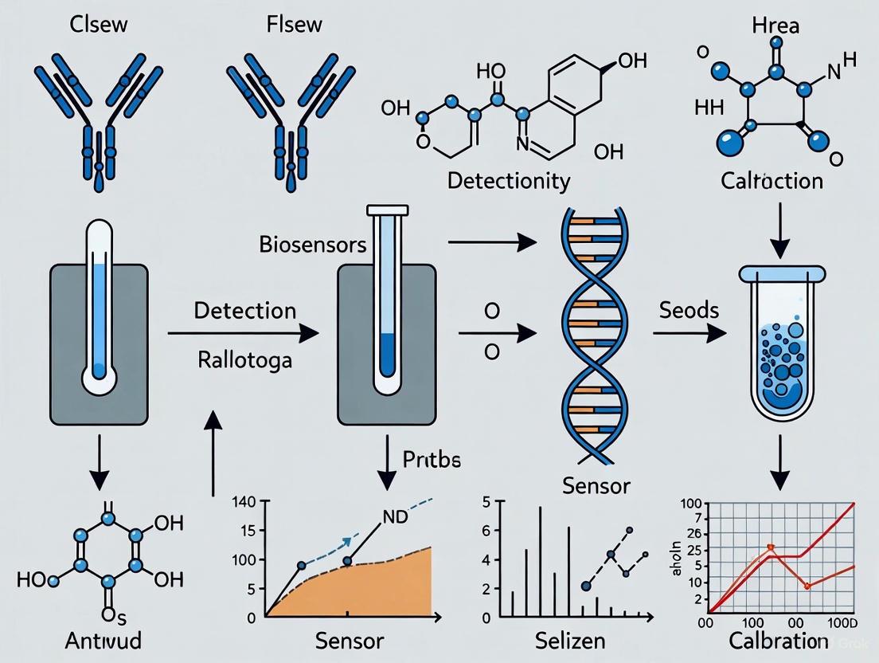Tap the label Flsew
(x=295, y=24)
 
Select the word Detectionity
(x=508, y=180)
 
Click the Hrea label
(x=776, y=25)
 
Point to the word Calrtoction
(x=772, y=181)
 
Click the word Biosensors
(x=313, y=244)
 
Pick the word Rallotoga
(x=244, y=359)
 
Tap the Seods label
(x=690, y=310)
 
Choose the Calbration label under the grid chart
(x=774, y=641)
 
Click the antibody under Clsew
(x=100, y=112)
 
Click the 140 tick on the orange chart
(x=242, y=502)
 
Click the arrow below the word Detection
(x=243, y=335)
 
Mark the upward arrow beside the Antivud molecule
(x=213, y=450)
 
